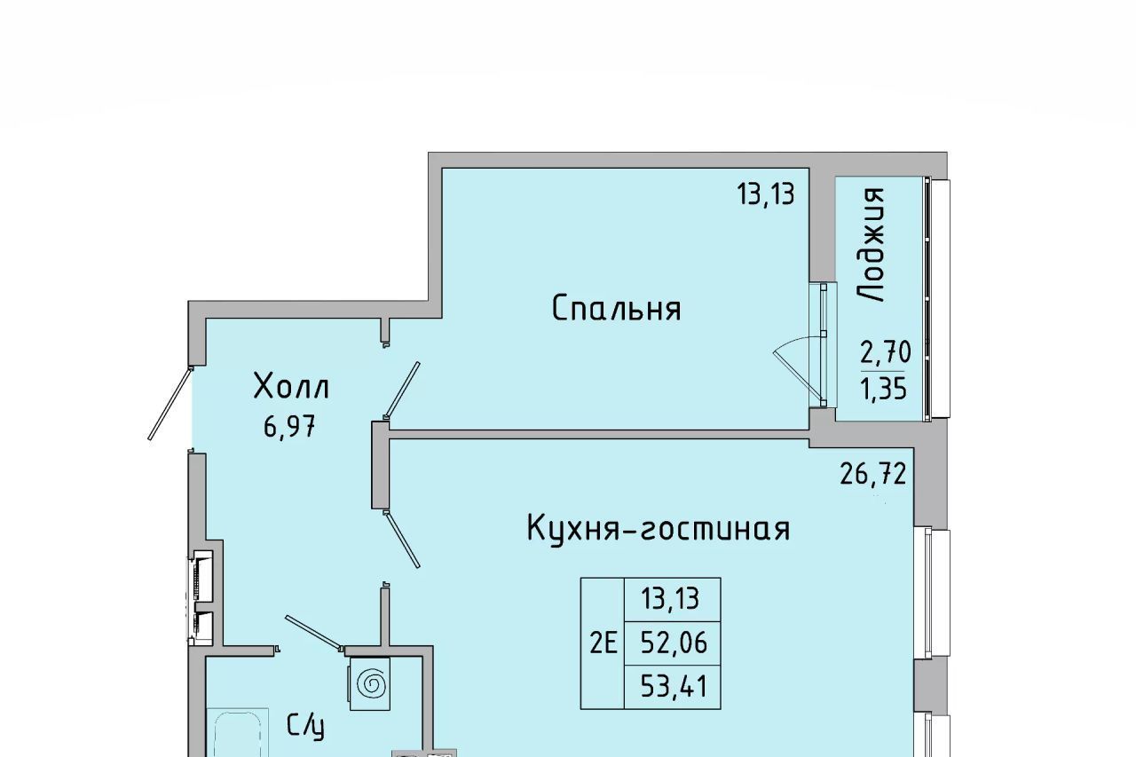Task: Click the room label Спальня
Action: coord(616,309)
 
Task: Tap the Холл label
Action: coord(291,386)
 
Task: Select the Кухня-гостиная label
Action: coord(659,528)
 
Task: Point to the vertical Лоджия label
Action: coord(871,245)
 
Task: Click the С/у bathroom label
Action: coord(305,726)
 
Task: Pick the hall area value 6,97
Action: coord(289,426)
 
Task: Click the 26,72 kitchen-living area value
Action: coord(872,475)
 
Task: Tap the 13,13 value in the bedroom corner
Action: coord(765,194)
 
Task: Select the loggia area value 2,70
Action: coord(886,352)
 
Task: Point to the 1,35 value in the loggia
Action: coord(883,390)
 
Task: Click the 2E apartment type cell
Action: coord(603,643)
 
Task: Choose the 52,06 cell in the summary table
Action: coord(674,643)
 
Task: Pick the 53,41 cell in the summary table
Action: coord(674,688)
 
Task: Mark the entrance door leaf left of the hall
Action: coord(170,403)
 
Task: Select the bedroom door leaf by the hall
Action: coord(402,390)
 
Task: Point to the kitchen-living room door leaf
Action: coord(402,540)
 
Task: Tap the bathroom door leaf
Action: coord(314,632)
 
